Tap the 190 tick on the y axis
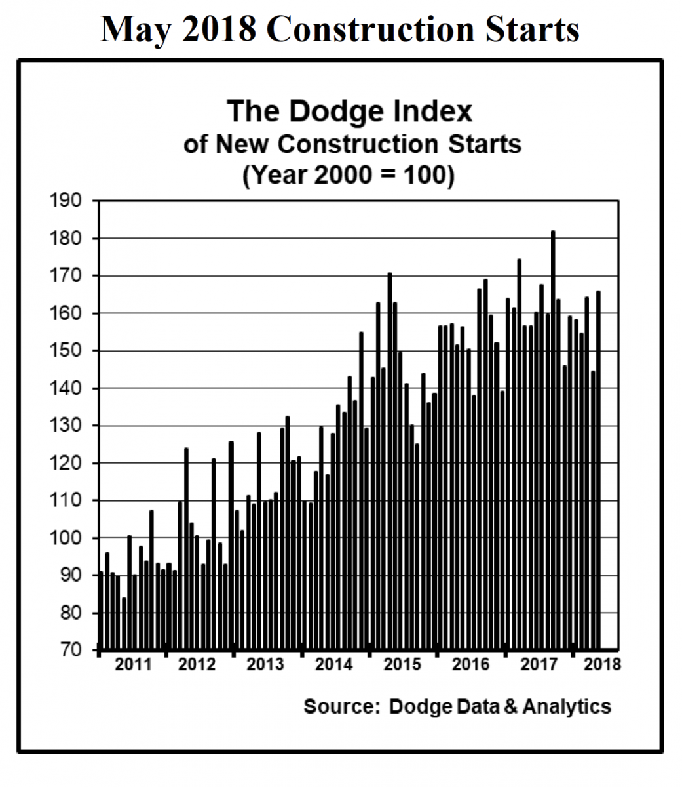pyautogui.click(x=66, y=201)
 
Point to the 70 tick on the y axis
pyautogui.click(x=68, y=651)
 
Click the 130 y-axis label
pyautogui.click(x=66, y=426)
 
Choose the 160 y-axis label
pyautogui.click(x=66, y=313)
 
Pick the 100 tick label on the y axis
pyautogui.click(x=66, y=538)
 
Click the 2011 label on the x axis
pyautogui.click(x=133, y=664)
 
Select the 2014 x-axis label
pyautogui.click(x=334, y=664)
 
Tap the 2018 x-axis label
pyautogui.click(x=602, y=664)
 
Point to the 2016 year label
pyautogui.click(x=471, y=664)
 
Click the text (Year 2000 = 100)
pyautogui.click(x=348, y=175)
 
